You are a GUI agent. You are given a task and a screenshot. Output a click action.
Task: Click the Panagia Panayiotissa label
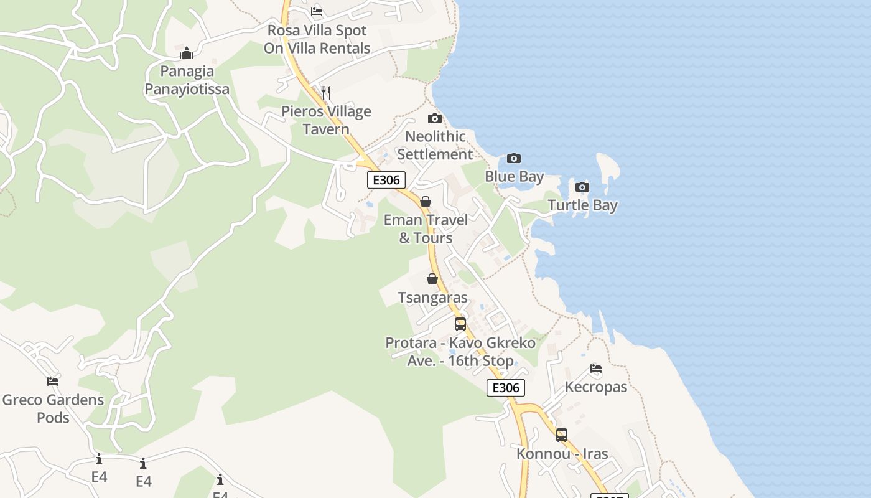[x=187, y=80]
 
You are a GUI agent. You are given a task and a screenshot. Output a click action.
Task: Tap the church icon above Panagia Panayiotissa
[x=187, y=53]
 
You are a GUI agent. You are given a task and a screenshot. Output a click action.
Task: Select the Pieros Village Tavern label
[x=326, y=120]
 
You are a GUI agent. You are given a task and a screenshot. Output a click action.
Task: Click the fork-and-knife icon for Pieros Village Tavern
[x=326, y=93]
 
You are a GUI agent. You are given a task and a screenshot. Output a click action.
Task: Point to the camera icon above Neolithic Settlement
[x=435, y=118]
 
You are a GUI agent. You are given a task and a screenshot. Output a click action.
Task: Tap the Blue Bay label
[x=515, y=177]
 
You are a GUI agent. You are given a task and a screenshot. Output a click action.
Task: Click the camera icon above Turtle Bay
[x=582, y=187]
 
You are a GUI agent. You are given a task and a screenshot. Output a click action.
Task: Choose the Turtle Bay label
[x=582, y=205]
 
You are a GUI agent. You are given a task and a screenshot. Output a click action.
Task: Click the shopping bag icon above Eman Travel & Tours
[x=426, y=202]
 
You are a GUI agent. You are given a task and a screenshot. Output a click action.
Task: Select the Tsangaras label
[x=432, y=298]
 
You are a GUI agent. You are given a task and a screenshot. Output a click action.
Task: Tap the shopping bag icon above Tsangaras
[x=432, y=279]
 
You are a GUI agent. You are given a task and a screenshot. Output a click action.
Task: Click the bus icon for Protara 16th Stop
[x=460, y=324]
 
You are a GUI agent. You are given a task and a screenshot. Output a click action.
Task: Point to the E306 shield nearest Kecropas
[x=506, y=388]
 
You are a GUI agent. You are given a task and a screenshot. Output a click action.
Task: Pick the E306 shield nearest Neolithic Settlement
[x=386, y=180]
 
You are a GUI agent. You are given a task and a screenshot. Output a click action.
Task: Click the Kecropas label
[x=596, y=387]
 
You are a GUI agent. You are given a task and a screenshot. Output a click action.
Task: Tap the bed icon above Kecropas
[x=596, y=368]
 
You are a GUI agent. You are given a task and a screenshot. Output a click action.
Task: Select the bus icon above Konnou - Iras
[x=562, y=435]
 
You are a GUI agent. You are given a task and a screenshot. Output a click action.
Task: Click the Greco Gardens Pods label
[x=53, y=408]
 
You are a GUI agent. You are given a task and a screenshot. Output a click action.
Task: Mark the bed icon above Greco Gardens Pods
[x=53, y=381]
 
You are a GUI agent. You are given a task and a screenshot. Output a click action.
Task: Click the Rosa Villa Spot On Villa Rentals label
[x=317, y=39]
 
